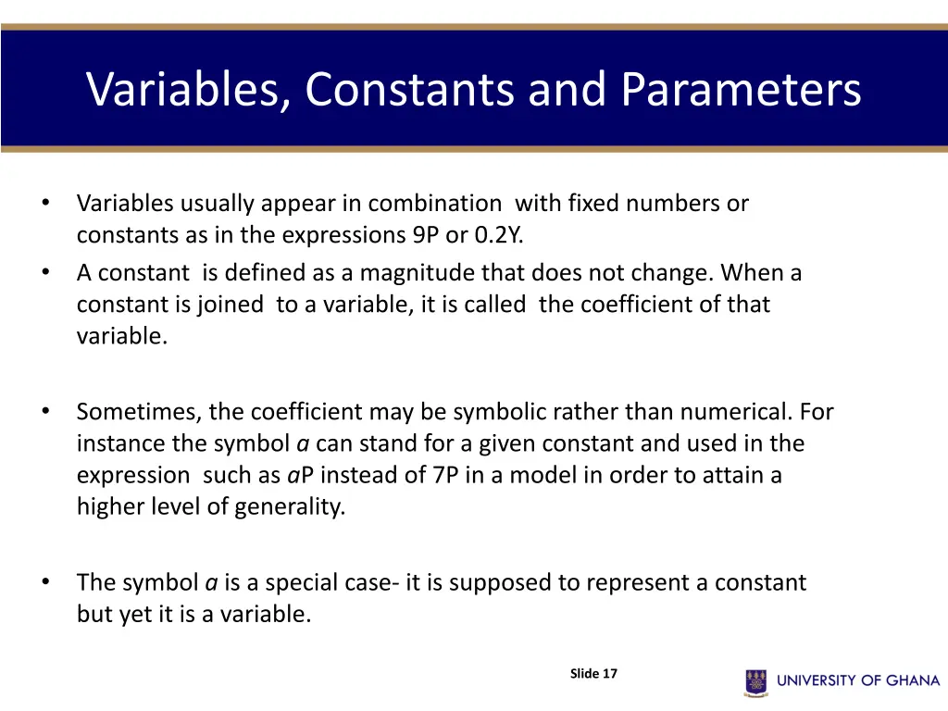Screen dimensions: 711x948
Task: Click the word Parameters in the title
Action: click(741, 90)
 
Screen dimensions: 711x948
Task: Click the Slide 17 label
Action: click(593, 674)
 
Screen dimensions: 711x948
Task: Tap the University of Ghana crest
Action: click(756, 681)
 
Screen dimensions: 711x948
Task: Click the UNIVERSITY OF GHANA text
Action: click(858, 681)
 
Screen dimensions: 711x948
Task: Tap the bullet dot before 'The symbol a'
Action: click(44, 581)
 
